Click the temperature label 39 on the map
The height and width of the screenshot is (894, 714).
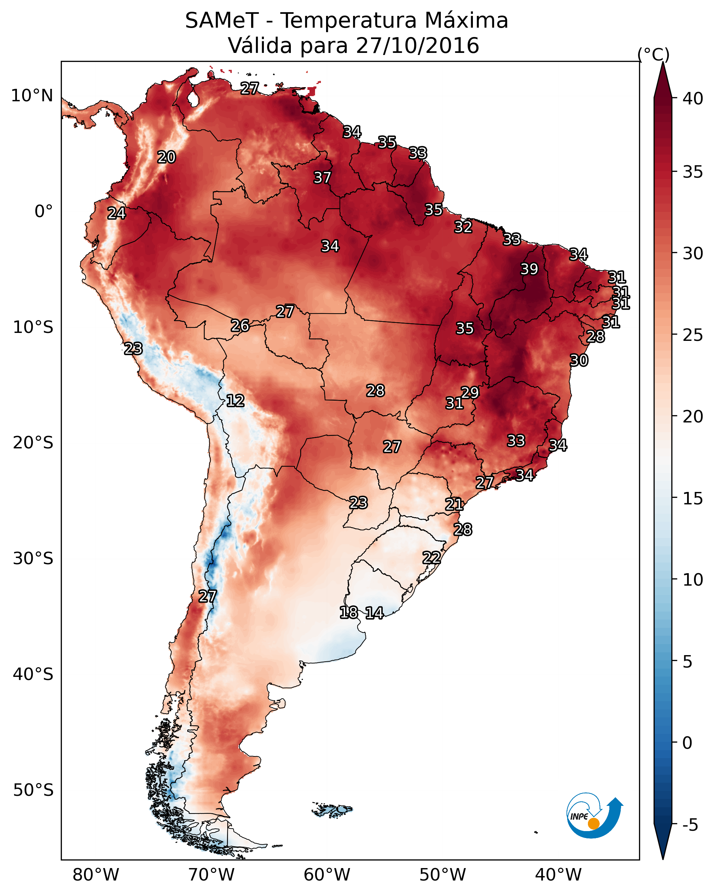tap(529, 269)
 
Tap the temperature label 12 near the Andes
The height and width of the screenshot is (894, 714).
tap(235, 401)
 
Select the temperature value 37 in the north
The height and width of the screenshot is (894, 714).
tap(322, 177)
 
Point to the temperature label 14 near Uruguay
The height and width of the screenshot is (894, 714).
tap(374, 613)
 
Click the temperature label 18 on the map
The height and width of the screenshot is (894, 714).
tap(349, 613)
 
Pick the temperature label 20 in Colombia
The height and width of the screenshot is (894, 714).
tap(166, 157)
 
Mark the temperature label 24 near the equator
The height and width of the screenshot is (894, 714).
tap(116, 213)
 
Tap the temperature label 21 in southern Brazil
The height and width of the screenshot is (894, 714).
tap(454, 504)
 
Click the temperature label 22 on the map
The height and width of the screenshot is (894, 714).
tap(431, 557)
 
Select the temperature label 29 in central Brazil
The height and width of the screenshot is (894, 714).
tap(470, 392)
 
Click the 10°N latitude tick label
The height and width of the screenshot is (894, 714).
tap(32, 96)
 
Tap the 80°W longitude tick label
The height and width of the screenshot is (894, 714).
tap(96, 875)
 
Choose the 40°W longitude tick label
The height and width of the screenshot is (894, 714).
tap(558, 875)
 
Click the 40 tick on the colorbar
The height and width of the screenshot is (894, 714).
tap(693, 99)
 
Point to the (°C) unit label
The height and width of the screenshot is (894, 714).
tap(654, 54)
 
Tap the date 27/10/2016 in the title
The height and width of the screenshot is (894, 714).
tap(417, 46)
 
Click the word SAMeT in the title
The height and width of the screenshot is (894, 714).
tap(222, 21)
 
